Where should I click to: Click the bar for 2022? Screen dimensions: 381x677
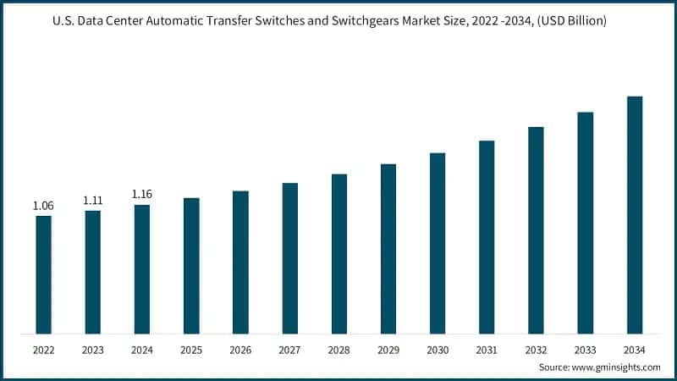(x=43, y=274)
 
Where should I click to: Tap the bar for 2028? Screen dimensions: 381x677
(x=339, y=253)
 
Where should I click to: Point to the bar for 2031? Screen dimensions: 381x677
(x=487, y=236)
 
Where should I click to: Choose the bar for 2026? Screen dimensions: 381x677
(x=240, y=262)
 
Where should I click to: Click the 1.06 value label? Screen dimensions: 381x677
(x=43, y=206)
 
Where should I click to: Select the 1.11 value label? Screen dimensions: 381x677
(x=92, y=201)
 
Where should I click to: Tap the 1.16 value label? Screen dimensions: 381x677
(x=142, y=195)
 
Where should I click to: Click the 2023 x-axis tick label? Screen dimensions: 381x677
(x=92, y=350)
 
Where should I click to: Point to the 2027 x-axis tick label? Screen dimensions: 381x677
(x=289, y=350)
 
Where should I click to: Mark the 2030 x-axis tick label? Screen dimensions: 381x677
(x=438, y=350)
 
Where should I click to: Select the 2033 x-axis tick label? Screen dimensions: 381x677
(x=585, y=350)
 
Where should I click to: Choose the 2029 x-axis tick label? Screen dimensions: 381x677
(x=388, y=350)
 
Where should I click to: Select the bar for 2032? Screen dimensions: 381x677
(x=536, y=229)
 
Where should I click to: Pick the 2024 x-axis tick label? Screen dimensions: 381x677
(x=142, y=350)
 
